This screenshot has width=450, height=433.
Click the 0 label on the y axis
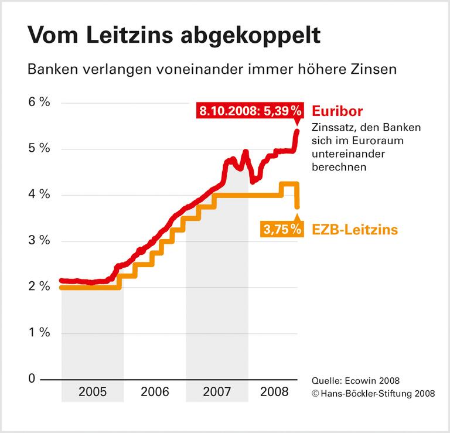pos(32,379)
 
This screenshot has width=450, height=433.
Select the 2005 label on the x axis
pos(92,392)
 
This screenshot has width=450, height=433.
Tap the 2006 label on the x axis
pos(155,392)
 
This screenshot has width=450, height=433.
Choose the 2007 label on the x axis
pos(217,392)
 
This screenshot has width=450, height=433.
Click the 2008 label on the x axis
pos(274,392)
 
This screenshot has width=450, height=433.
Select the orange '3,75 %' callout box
pos(282,230)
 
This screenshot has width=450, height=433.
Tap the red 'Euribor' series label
pos(337,111)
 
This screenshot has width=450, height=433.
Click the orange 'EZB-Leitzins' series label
pos(354,230)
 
